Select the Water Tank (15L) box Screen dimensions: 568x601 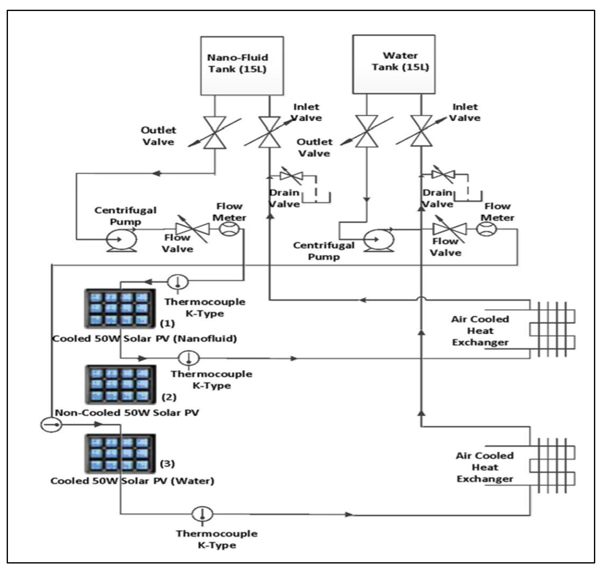[x=394, y=64]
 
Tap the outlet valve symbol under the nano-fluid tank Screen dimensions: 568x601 [x=215, y=133]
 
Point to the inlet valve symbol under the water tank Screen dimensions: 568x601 [x=421, y=131]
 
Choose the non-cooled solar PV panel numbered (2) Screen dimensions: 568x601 [x=120, y=384]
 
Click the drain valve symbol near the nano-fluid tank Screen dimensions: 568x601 [x=291, y=176]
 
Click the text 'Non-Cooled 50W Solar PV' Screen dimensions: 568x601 [x=127, y=413]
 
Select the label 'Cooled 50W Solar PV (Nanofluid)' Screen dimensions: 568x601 [x=144, y=338]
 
